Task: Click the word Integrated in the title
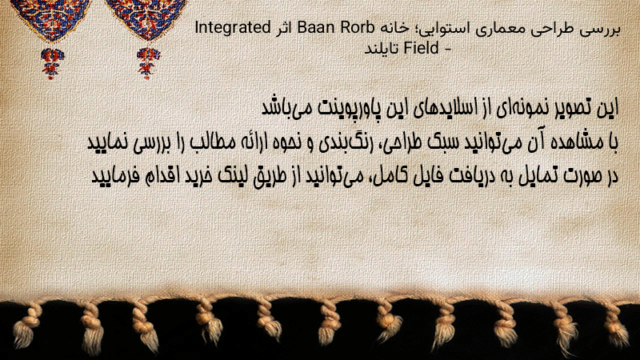pos(232,28)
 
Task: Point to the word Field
pos(422,48)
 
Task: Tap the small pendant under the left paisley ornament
pos(51,63)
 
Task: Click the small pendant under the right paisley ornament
pos(148,63)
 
